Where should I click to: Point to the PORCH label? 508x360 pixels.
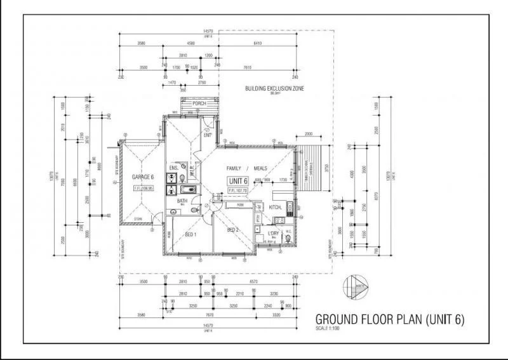[x=200, y=103]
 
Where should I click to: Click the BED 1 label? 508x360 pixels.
[x=189, y=235]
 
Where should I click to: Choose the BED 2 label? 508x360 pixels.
[x=232, y=229]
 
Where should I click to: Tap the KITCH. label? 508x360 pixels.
[x=276, y=208]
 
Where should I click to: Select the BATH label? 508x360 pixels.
[x=182, y=201]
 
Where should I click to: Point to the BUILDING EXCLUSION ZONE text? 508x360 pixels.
[x=274, y=88]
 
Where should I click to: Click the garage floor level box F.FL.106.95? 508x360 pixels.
[x=144, y=188]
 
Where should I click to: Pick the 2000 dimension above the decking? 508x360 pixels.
[x=309, y=135]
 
